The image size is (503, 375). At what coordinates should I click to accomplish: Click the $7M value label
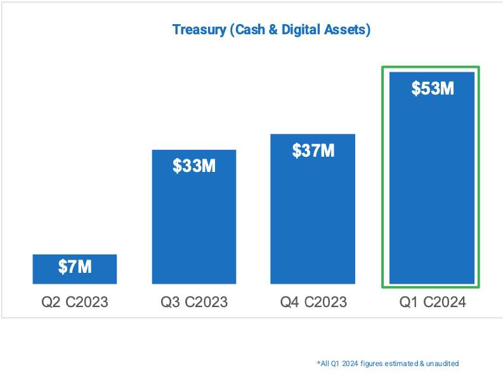point(75,267)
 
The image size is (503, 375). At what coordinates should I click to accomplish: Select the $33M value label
point(194,166)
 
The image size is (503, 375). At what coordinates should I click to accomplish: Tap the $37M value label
point(313,150)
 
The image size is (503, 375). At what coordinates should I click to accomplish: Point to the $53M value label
point(432,89)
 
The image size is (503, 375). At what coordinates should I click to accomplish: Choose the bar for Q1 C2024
point(432,190)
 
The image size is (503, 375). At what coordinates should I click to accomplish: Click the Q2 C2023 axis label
point(75,302)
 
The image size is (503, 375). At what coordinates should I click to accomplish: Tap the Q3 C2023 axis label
point(194,302)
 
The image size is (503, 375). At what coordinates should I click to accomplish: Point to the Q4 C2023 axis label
point(313,302)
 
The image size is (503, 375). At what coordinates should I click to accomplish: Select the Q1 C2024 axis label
point(433,302)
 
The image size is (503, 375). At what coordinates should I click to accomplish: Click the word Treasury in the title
point(197,30)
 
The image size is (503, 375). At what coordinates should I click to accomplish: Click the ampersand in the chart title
point(273,30)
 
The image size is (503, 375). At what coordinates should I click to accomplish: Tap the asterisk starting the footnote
point(318,362)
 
